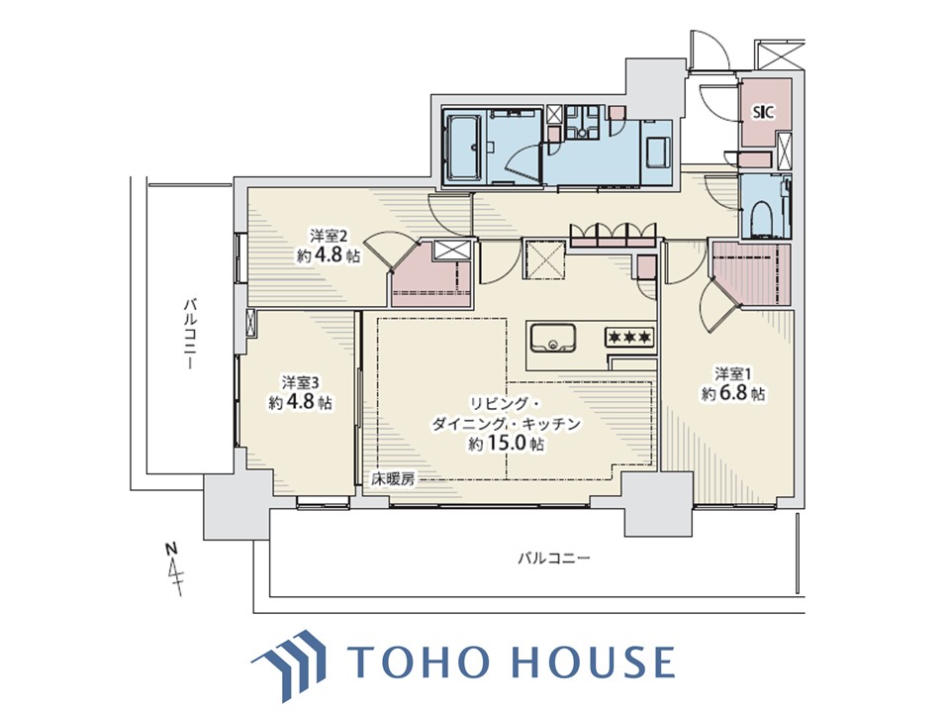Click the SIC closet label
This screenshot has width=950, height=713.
pyautogui.click(x=763, y=112)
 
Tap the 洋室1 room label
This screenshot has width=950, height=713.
pyautogui.click(x=733, y=374)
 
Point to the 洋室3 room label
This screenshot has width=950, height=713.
pyautogui.click(x=300, y=382)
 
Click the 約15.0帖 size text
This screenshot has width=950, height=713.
pyautogui.click(x=506, y=444)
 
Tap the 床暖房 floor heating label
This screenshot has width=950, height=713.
pyautogui.click(x=393, y=479)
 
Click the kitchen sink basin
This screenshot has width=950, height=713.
pyautogui.click(x=553, y=339)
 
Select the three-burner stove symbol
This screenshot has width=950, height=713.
pyautogui.click(x=630, y=336)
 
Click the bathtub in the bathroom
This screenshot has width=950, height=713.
pyautogui.click(x=464, y=147)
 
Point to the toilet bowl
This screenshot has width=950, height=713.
pyautogui.click(x=761, y=218)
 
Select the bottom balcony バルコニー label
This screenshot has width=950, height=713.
pyautogui.click(x=553, y=558)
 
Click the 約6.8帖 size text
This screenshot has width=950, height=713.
pyautogui.click(x=733, y=393)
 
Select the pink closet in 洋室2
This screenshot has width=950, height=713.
pyautogui.click(x=431, y=276)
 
